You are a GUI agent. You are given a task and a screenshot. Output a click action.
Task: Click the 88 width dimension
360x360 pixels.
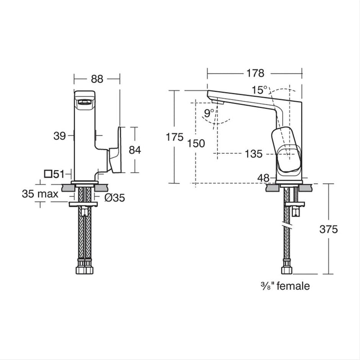pos(97,78)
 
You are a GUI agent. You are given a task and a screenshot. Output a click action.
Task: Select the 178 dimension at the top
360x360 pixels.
pos(255,73)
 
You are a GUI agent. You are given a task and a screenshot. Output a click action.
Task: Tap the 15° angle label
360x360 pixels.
pos(259,90)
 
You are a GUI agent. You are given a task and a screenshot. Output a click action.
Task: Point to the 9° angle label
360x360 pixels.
pos(209,113)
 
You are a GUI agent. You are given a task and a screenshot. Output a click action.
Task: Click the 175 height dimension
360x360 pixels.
pos(175,137)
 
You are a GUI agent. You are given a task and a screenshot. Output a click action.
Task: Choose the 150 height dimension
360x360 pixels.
pos(196,143)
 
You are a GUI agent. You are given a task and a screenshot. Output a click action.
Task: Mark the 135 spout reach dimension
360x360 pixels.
pos(254,154)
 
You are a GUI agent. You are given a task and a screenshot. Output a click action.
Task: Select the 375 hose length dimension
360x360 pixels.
pos(328,229)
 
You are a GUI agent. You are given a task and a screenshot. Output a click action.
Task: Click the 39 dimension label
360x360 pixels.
pos(60,136)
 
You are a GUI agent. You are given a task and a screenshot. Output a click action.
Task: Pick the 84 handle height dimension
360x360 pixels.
pos(135,150)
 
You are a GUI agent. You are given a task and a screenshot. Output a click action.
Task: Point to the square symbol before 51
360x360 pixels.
pos(48,174)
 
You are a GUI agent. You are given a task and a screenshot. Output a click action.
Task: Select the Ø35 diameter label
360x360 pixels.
pos(115,197)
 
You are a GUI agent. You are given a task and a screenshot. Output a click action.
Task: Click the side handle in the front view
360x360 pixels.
pos(114,150)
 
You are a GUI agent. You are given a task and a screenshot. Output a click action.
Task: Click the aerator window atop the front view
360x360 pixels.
pos(85,103)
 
